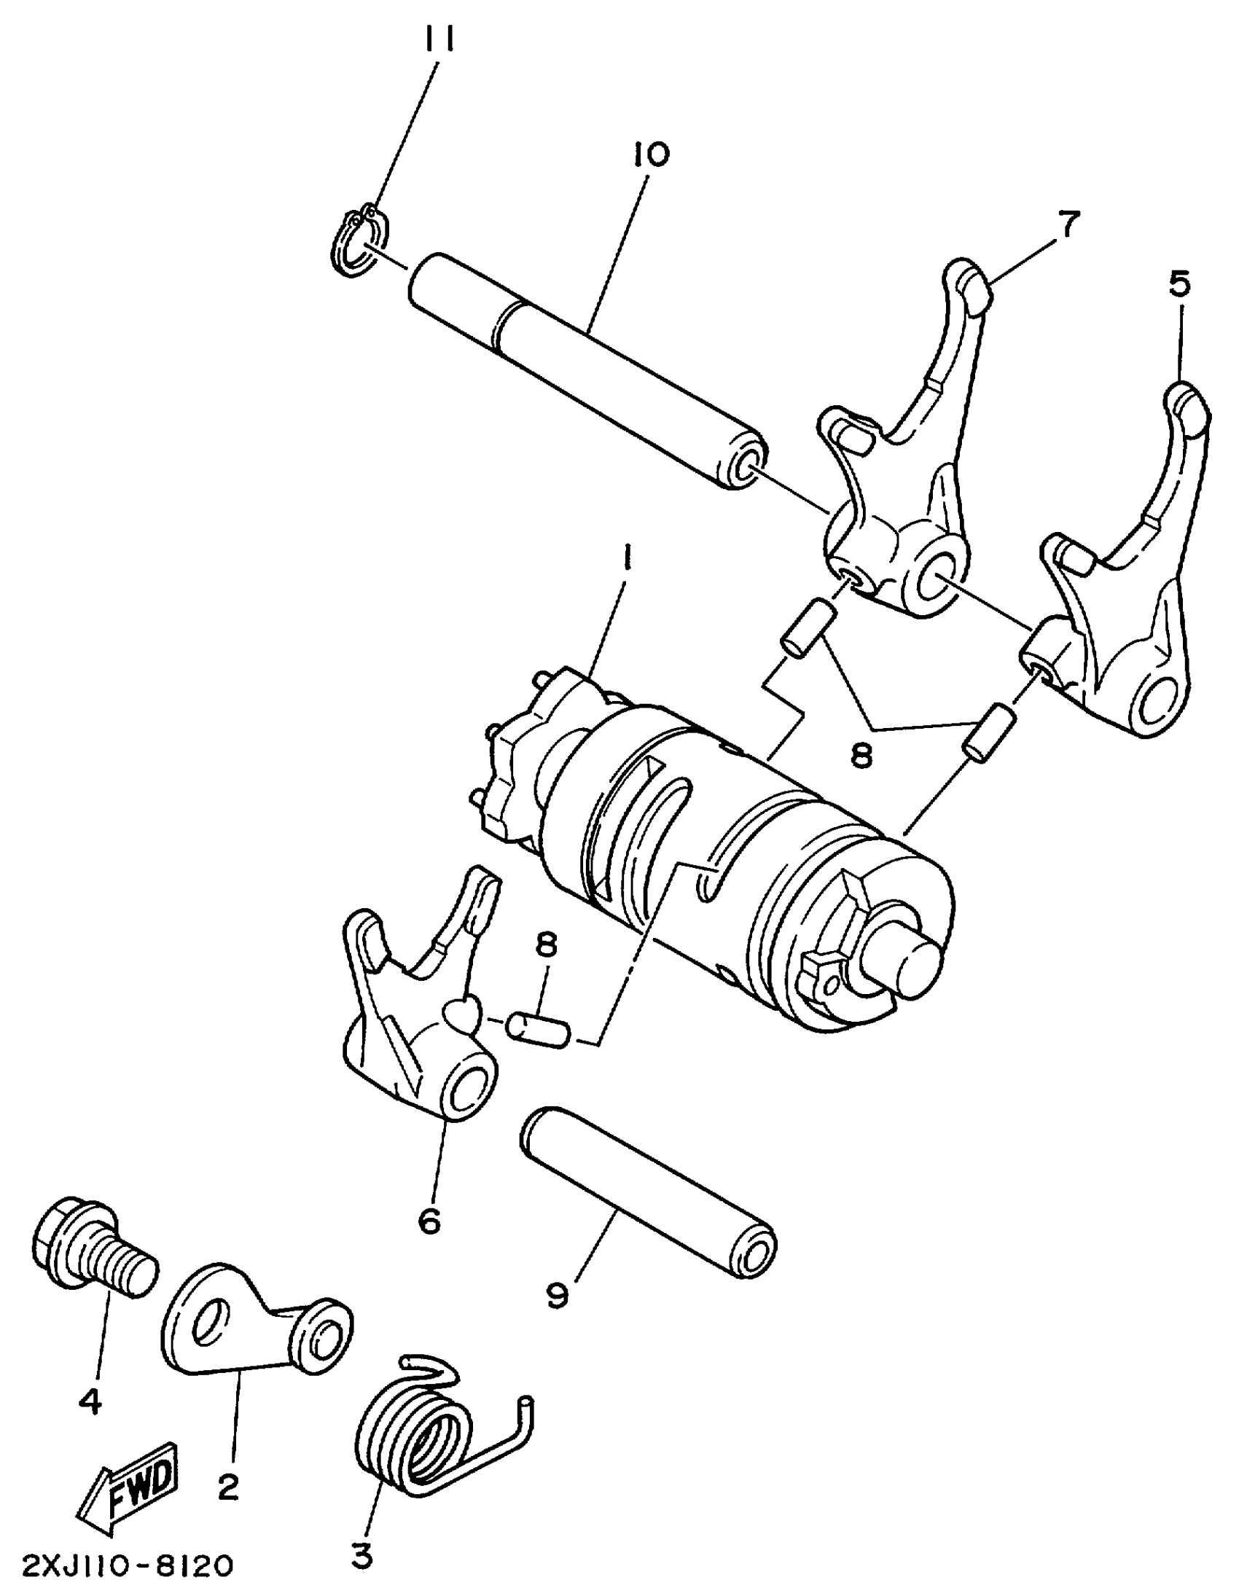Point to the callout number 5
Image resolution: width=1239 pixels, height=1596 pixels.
tap(1179, 283)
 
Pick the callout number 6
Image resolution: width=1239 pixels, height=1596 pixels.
tap(430, 1219)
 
